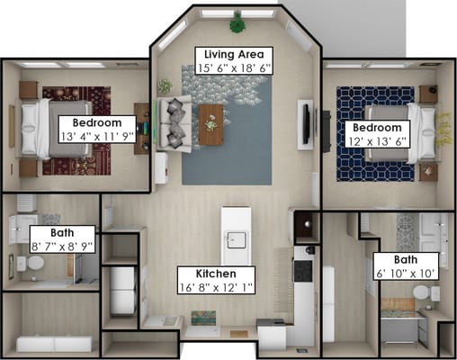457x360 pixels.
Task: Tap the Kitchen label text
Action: (x=216, y=274)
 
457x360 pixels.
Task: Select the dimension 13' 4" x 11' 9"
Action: (x=97, y=137)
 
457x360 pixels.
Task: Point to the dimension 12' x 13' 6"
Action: (x=377, y=141)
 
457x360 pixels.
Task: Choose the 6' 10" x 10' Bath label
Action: (x=406, y=266)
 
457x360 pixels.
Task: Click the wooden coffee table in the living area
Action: (x=211, y=125)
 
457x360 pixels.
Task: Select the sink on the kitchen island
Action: (x=237, y=240)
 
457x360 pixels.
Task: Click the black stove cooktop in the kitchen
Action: (x=303, y=271)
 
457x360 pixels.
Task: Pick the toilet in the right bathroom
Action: (x=426, y=292)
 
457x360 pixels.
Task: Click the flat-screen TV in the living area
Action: (x=306, y=123)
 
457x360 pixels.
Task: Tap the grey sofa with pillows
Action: (x=174, y=123)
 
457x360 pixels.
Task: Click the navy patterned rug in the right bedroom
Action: (x=375, y=134)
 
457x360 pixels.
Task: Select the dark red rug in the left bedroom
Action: (x=76, y=130)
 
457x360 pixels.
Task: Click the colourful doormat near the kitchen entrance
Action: (x=203, y=318)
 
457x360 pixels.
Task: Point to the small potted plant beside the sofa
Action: (x=165, y=86)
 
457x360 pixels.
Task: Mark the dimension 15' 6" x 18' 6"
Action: (x=234, y=68)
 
